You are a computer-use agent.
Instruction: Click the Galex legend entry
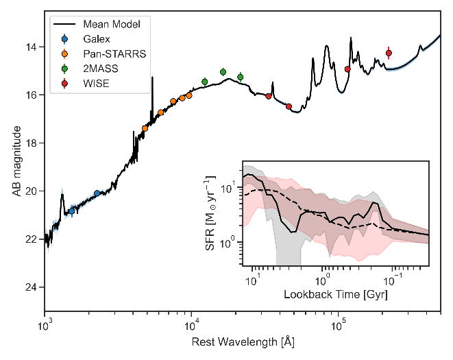97,40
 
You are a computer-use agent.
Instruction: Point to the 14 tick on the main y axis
32,47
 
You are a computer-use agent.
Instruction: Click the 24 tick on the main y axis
32,287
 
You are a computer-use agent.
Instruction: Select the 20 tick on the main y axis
32,191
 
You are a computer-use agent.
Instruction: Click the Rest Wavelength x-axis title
243,340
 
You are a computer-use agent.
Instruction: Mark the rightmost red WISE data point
389,53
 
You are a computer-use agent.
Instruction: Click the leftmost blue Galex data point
71,211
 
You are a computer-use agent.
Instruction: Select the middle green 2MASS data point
223,72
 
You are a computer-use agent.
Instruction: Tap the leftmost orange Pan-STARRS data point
145,128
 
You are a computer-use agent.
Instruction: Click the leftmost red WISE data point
269,96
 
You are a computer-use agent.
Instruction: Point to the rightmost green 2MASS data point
240,77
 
